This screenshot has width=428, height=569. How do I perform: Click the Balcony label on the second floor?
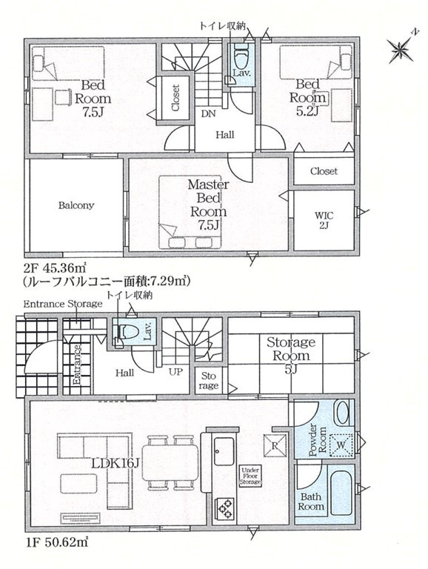76,205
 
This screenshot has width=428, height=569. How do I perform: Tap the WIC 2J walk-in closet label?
324,219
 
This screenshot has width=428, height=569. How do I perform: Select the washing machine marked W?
341,445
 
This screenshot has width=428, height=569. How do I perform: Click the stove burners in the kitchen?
224,507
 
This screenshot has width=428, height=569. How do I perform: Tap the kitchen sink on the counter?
224,450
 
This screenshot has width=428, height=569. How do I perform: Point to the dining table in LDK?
173,462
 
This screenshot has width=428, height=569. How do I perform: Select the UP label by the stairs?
175,371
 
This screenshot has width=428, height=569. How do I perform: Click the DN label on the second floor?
208,113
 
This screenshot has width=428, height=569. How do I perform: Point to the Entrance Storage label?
62,304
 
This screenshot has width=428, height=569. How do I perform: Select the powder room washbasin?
342,411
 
